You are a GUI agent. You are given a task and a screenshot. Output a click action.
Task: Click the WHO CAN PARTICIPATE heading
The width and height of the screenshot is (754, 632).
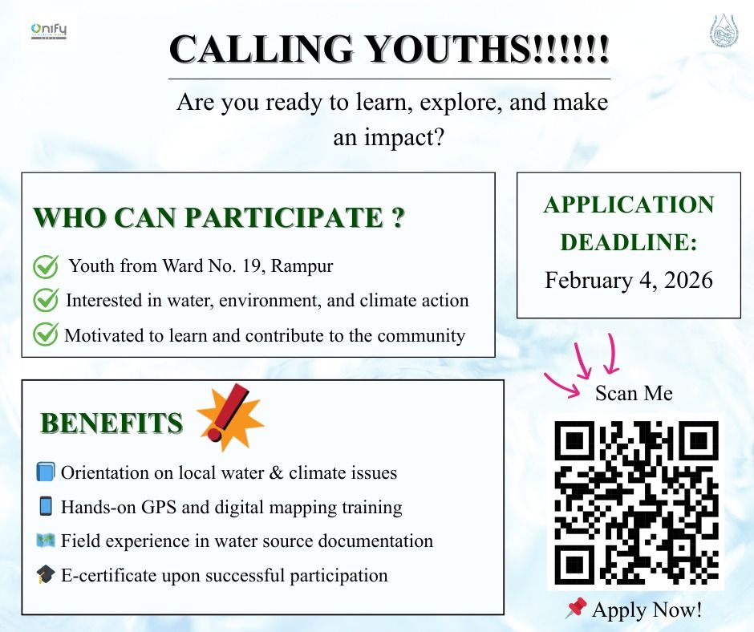click(217, 218)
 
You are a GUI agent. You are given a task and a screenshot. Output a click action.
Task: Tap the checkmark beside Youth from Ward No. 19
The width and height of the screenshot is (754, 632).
click(45, 265)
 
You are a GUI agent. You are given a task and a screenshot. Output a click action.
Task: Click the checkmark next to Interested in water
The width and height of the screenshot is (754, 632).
click(45, 300)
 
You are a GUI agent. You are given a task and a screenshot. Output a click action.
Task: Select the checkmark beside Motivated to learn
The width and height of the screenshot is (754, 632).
click(45, 334)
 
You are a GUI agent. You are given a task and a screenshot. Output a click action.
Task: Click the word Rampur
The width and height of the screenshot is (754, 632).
click(302, 265)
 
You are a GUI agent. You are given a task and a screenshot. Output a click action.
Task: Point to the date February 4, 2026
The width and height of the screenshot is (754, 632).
click(628, 280)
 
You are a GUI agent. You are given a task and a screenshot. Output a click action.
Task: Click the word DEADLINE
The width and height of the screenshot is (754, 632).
click(628, 242)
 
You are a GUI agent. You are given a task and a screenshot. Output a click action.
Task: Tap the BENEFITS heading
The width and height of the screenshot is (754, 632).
click(111, 423)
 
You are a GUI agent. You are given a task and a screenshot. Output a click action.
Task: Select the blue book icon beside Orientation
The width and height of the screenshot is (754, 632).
click(45, 472)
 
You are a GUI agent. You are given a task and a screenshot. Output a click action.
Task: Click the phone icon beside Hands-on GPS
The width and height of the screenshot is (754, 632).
click(45, 506)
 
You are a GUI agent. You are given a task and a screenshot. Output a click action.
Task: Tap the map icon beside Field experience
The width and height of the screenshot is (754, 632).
click(45, 541)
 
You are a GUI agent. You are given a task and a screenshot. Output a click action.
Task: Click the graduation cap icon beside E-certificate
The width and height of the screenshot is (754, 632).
click(45, 575)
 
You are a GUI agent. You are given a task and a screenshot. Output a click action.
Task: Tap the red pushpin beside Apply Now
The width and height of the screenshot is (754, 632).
click(575, 609)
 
